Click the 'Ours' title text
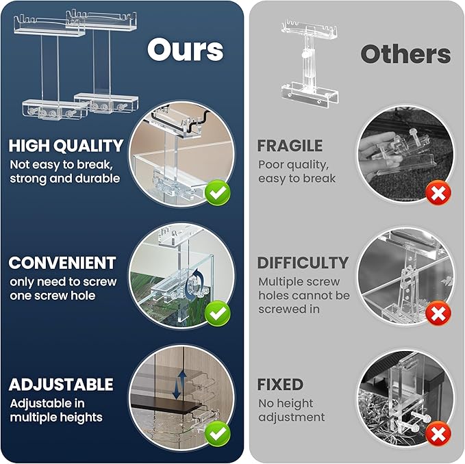(185, 49)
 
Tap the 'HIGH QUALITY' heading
(66, 145)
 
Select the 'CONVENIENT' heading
(62, 263)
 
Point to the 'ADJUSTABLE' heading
(62, 384)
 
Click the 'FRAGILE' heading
(290, 146)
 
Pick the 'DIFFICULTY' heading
(303, 263)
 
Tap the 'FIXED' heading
(280, 385)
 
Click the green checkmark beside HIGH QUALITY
(218, 193)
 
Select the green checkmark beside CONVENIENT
(218, 313)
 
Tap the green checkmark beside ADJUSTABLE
(218, 433)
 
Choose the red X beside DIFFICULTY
(437, 313)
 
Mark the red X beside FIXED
(437, 433)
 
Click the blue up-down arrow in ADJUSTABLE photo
(177, 385)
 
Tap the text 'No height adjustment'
(291, 410)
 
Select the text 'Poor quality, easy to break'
(297, 171)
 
